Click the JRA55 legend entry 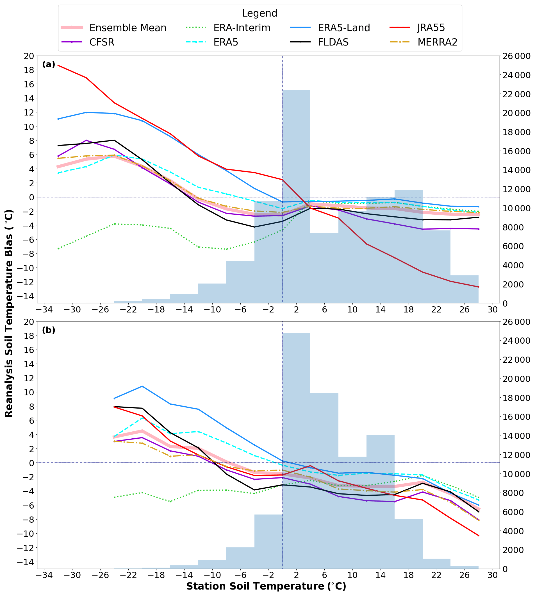point(431,28)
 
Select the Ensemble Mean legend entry point(128,28)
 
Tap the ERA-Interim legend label point(242,28)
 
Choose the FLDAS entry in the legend point(333,42)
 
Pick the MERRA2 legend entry point(437,42)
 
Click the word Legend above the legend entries point(259,13)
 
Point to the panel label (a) point(49,64)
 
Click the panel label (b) point(49,330)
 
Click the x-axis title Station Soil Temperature point(266,586)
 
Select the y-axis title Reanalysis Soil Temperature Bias point(9,313)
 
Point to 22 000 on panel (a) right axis point(516,94)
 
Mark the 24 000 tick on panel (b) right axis point(516,341)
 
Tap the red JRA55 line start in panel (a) point(58,65)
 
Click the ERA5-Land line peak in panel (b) point(142,386)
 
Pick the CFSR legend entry point(101,42)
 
